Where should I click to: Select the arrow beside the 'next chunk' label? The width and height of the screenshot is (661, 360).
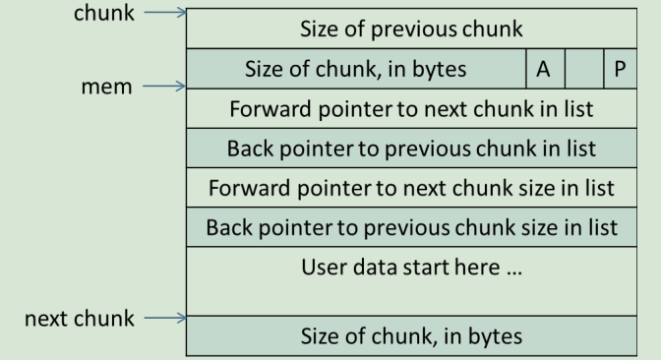163,318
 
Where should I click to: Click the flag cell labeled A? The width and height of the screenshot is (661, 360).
542,69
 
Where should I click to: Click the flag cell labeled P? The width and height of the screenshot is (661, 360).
619,69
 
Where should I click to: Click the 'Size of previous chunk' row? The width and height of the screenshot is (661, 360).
411,30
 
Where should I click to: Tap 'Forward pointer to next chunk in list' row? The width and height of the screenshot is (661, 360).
411,108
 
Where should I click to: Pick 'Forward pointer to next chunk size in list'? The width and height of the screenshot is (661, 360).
411,187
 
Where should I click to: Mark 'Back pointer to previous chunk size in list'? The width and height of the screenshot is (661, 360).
411,227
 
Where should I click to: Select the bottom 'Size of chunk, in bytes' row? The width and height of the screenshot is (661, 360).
411,334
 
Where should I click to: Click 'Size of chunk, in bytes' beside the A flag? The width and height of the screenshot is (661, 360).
355,69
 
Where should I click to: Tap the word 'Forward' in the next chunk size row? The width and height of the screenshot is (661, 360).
244,187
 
